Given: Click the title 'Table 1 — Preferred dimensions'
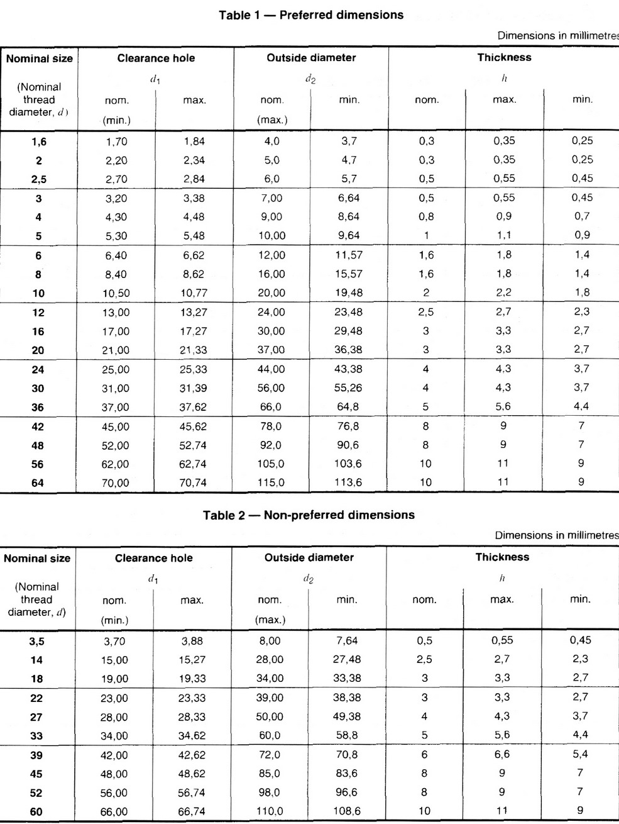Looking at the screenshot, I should [x=311, y=14].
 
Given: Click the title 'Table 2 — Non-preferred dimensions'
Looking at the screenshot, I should [x=309, y=515].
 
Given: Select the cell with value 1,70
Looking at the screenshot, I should [x=116, y=142].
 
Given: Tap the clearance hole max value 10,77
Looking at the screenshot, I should [x=194, y=293].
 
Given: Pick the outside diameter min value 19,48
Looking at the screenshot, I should [x=349, y=293].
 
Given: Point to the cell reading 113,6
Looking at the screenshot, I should [x=349, y=483].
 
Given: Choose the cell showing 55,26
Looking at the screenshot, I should [x=349, y=388].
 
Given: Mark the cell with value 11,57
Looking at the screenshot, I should [x=349, y=255].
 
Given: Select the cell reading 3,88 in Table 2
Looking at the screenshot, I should [x=192, y=642].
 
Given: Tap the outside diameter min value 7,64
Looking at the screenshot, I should [x=347, y=641].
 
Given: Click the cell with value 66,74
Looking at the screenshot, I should [x=191, y=812].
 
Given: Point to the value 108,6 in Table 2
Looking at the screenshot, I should [x=347, y=811].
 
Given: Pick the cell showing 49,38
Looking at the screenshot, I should [x=347, y=716].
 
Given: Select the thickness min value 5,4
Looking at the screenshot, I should [x=579, y=754].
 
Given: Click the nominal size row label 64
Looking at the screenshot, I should [x=38, y=484].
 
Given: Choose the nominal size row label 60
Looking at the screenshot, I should [x=36, y=812].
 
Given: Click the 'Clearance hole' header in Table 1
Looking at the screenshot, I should [x=156, y=58].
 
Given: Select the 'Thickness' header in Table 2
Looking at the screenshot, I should [x=502, y=557].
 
